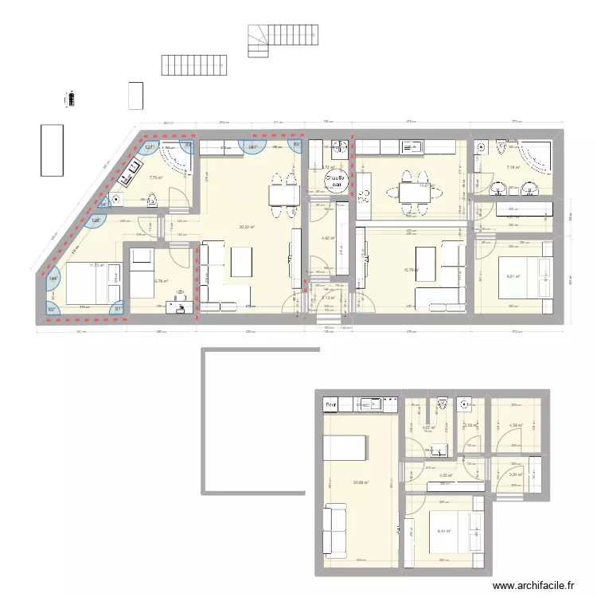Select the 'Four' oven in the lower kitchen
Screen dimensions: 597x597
330,405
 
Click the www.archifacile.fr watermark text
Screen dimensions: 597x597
533,586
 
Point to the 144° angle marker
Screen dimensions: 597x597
53,279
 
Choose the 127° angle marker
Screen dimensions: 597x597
149,147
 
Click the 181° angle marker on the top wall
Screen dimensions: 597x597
252,146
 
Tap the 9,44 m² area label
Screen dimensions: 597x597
443,532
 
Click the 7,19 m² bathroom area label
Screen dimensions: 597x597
513,167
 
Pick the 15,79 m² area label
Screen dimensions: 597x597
411,270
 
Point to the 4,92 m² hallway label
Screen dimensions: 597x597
328,238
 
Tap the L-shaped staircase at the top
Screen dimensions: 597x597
283,38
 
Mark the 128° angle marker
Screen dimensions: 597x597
96,220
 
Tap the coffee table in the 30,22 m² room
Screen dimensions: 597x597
241,263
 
